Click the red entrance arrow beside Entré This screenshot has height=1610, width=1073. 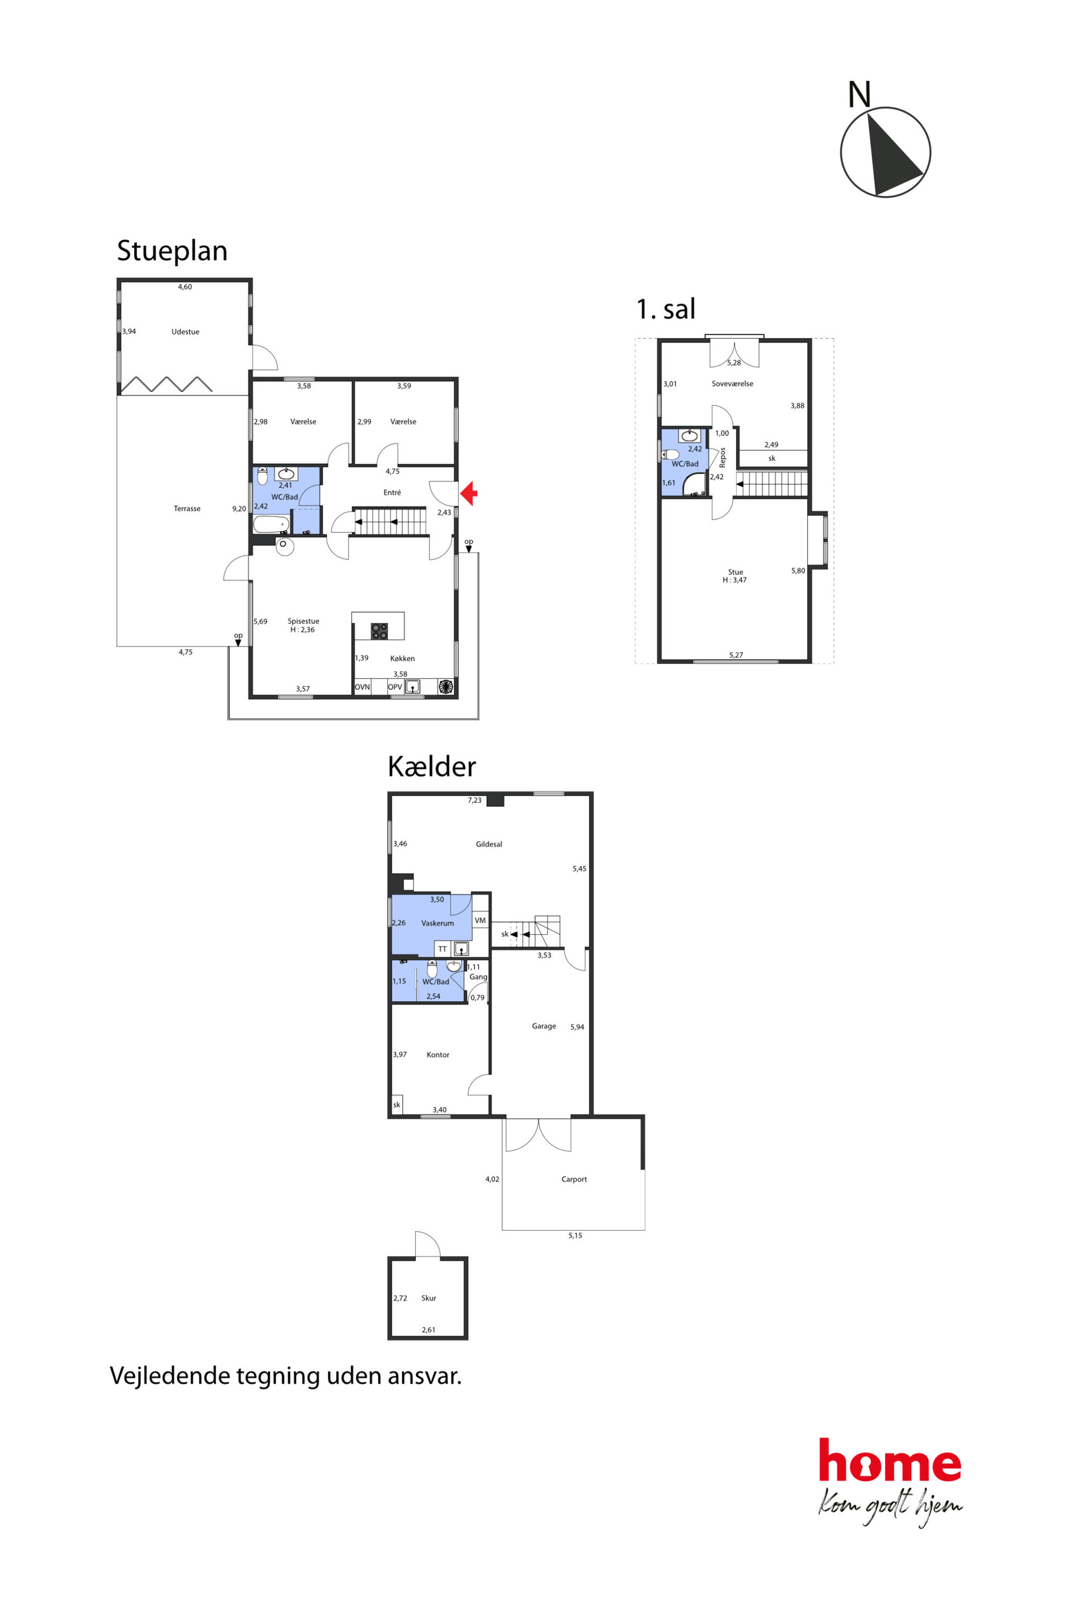469,493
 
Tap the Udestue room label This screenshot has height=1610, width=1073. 186,332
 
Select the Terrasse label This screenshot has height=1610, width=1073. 187,509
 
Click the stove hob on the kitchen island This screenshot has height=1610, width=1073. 379,631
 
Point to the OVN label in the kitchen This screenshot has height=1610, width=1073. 362,687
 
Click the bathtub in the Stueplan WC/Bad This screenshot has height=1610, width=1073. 271,525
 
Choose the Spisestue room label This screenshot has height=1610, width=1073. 303,622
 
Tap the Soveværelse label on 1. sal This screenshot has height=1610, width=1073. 732,384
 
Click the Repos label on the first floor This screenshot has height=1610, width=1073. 723,457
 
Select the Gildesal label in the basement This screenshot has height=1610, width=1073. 488,844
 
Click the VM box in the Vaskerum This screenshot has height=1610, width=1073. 480,921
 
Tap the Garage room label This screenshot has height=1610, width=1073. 544,1026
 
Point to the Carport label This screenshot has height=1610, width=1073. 574,1179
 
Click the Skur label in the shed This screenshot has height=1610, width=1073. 428,1298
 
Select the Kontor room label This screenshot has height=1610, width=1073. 438,1055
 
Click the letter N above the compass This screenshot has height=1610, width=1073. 859,95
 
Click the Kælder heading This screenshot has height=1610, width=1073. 432,767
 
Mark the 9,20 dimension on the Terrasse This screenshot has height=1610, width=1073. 239,509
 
